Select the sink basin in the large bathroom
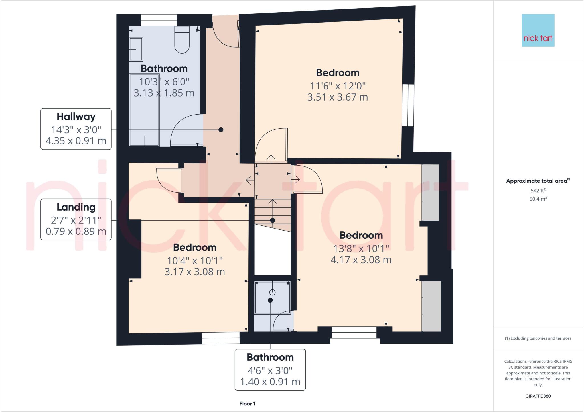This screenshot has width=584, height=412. pyautogui.click(x=136, y=49)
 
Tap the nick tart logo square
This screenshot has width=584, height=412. pyautogui.click(x=538, y=30)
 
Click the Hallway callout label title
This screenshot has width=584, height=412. pyautogui.click(x=76, y=117)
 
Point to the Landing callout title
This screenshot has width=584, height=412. pyautogui.click(x=76, y=207)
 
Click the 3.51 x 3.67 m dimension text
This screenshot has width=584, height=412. pyautogui.click(x=337, y=97)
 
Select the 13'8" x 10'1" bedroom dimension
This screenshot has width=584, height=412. pyautogui.click(x=361, y=249)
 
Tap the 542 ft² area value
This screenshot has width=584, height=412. pyautogui.click(x=538, y=191)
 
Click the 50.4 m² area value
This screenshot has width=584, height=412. pyautogui.click(x=538, y=199)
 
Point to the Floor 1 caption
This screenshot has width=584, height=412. pyautogui.click(x=247, y=404)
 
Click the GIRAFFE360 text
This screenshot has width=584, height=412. pyautogui.click(x=538, y=396)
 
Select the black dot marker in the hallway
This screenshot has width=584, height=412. pyautogui.click(x=221, y=130)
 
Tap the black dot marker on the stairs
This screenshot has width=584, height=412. pyautogui.click(x=272, y=220)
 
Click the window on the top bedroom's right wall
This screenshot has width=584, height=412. pyautogui.click(x=408, y=105)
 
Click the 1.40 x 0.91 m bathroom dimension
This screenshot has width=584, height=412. pyautogui.click(x=270, y=382)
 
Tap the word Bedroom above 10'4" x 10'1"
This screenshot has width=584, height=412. pyautogui.click(x=194, y=248)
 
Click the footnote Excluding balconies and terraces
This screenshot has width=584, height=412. pyautogui.click(x=538, y=338)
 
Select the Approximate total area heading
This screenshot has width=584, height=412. pyautogui.click(x=537, y=181)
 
